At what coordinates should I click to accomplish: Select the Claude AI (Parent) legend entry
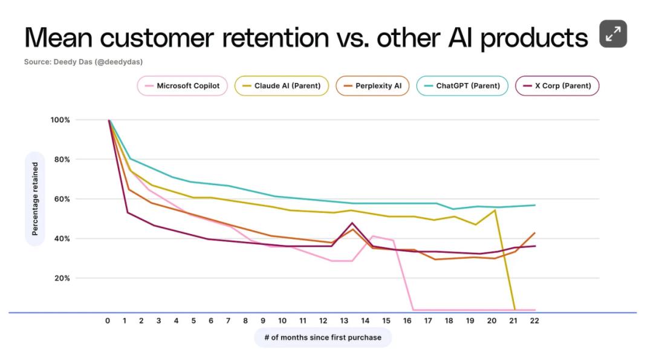[282, 86]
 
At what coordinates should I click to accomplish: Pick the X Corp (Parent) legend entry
[557, 86]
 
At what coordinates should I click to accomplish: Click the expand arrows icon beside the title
[612, 34]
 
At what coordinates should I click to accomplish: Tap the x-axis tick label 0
[108, 321]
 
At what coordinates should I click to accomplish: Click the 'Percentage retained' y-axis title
[35, 198]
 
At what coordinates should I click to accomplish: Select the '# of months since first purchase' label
[322, 337]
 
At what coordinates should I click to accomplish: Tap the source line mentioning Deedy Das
[83, 62]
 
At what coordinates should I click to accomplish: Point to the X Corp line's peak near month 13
[352, 223]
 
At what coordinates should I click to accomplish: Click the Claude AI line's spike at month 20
[495, 210]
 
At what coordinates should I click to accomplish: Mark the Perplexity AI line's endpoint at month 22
[534, 233]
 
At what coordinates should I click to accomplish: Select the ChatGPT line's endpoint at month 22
[534, 205]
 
